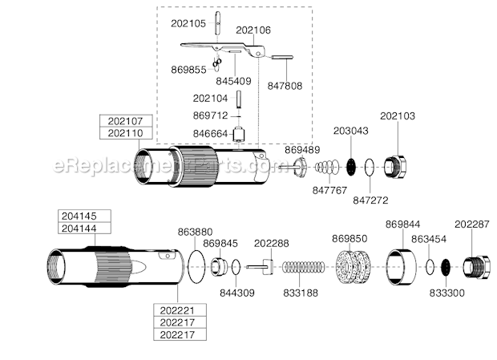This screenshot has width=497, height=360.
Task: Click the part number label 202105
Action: (188, 23)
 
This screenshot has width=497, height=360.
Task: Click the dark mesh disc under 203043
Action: (350, 168)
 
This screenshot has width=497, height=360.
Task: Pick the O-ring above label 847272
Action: (368, 169)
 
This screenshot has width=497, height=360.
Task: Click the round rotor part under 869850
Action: (351, 266)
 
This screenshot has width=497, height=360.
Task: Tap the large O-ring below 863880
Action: (196, 265)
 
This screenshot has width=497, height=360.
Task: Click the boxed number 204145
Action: (77, 216)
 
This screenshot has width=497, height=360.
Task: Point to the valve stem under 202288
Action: (261, 266)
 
